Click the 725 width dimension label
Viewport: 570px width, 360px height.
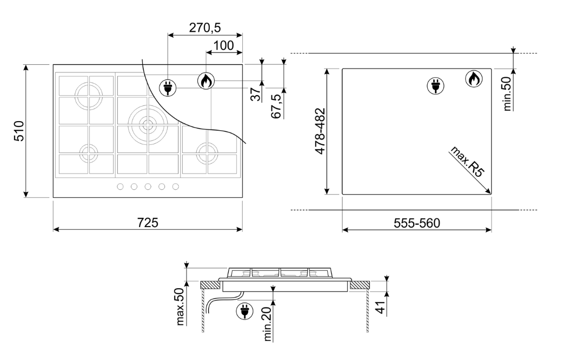[x=148, y=222]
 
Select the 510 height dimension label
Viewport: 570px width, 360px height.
[x=18, y=131]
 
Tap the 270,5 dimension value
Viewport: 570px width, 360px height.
[x=204, y=28]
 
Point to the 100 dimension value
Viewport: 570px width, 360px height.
[x=223, y=45]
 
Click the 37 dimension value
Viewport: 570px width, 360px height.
[x=256, y=95]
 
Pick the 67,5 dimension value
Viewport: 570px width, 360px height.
[x=276, y=106]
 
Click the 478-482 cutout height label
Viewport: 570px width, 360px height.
[x=320, y=131]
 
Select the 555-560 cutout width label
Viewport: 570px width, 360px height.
[x=417, y=223]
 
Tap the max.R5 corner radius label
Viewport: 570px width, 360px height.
[x=467, y=161]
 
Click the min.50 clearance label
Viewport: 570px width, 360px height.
[x=507, y=94]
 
